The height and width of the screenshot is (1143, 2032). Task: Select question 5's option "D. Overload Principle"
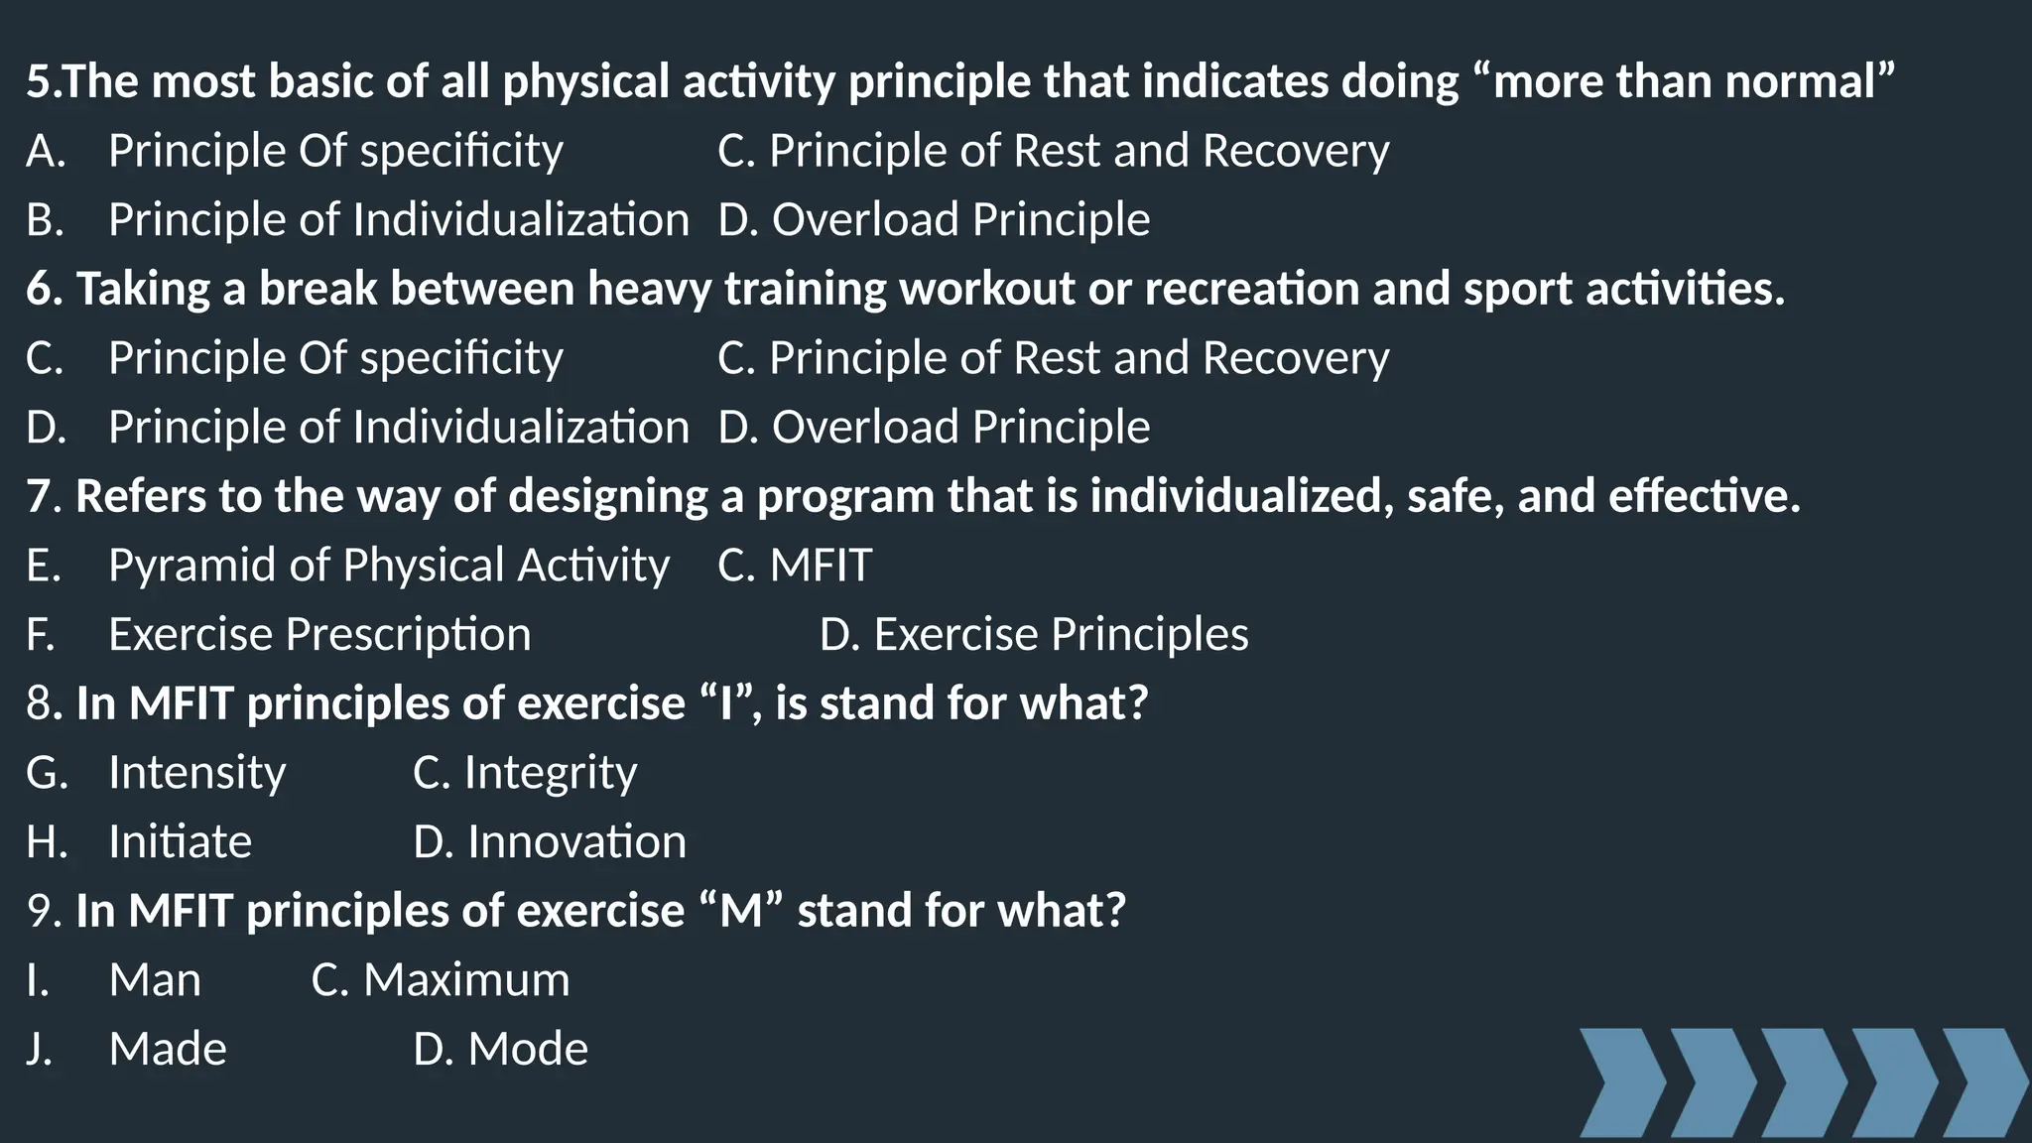(x=934, y=219)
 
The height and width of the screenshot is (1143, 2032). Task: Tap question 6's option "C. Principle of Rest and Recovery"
(x=1053, y=358)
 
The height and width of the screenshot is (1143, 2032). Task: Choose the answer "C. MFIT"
(x=795, y=566)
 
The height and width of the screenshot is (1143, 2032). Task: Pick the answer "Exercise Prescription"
(x=319, y=635)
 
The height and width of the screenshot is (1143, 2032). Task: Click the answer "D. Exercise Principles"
(x=1034, y=635)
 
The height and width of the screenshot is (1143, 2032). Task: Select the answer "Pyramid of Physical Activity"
(x=389, y=566)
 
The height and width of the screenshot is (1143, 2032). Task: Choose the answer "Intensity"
(x=197, y=773)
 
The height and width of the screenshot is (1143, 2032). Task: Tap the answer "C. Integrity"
(x=525, y=773)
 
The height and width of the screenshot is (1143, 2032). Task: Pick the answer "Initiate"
(x=180, y=842)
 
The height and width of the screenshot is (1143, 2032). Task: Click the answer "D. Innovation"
(x=550, y=842)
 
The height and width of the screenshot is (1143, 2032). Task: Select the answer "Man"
(x=155, y=980)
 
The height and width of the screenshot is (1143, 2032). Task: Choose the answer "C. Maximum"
(x=441, y=980)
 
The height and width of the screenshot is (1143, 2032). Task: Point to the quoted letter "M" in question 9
(x=740, y=911)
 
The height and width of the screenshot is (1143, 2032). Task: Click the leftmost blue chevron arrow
(x=1619, y=1082)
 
